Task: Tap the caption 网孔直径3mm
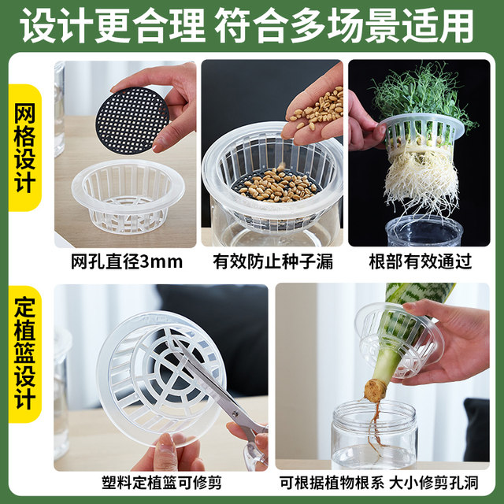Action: (x=125, y=261)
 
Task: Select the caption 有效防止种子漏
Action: (x=272, y=261)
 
